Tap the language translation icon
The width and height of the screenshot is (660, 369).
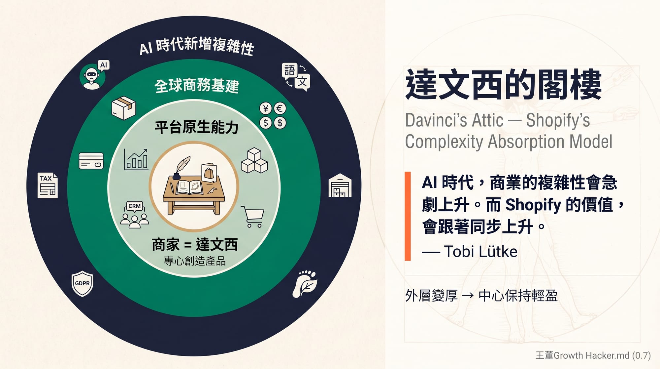(296, 76)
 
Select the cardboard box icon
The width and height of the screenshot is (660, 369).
(124, 108)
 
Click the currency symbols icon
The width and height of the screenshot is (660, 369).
(273, 115)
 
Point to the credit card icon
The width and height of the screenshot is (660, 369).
(91, 161)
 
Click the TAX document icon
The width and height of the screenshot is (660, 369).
(48, 185)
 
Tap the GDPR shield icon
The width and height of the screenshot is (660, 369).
(82, 283)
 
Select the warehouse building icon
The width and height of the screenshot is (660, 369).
(340, 185)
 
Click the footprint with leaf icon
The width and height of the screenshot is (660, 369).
(305, 283)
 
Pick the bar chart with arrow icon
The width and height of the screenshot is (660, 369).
(136, 159)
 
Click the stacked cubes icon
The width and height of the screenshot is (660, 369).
(254, 161)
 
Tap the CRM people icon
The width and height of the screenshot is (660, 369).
(134, 215)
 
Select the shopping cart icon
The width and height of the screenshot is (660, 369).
(253, 216)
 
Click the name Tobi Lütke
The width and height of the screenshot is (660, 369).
(480, 252)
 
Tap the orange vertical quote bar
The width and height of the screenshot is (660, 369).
(408, 216)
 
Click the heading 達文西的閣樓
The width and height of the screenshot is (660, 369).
(504, 85)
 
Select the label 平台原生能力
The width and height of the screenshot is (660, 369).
(197, 127)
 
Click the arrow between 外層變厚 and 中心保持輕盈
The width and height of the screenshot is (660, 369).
(468, 295)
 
